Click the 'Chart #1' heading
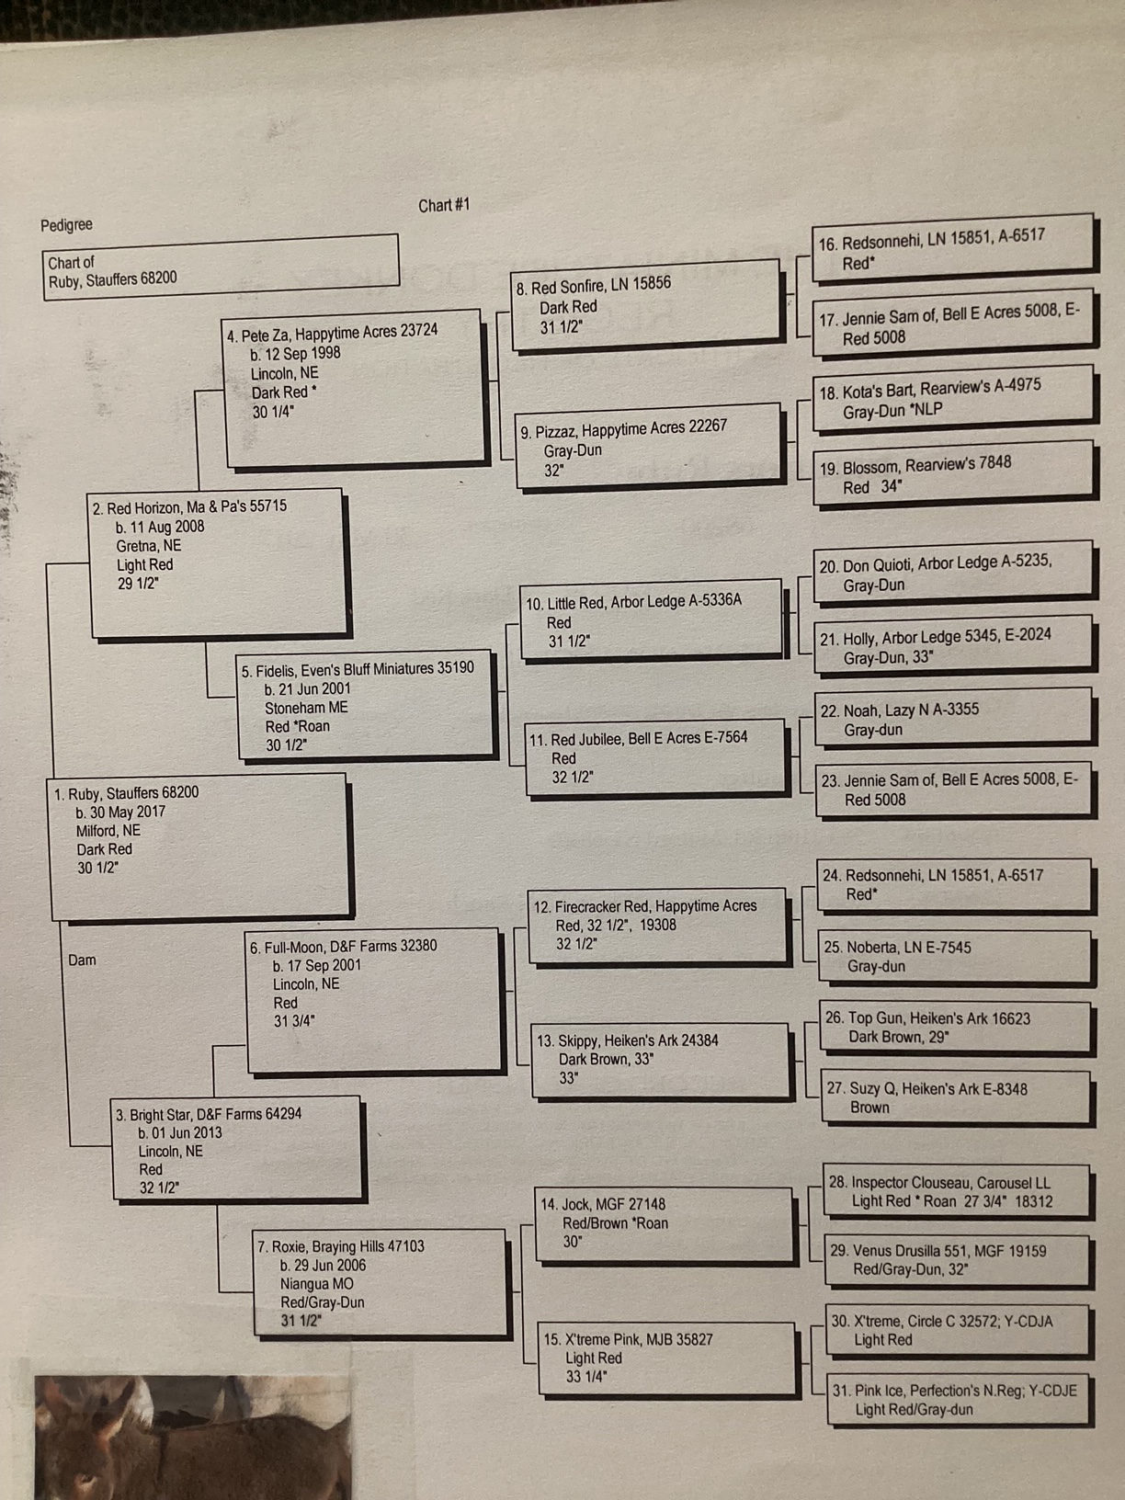pos(444,205)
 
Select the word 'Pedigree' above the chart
pos(66,225)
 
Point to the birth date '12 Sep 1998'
pos(301,353)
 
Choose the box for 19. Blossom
pos(953,474)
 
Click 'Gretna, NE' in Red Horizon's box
pos(149,546)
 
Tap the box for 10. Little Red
pos(651,621)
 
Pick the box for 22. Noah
pos(953,720)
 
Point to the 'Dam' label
pos(82,960)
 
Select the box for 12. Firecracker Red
pos(657,925)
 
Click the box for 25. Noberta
pos(956,957)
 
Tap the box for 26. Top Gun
pos(956,1028)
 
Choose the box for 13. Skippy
pos(659,1059)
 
